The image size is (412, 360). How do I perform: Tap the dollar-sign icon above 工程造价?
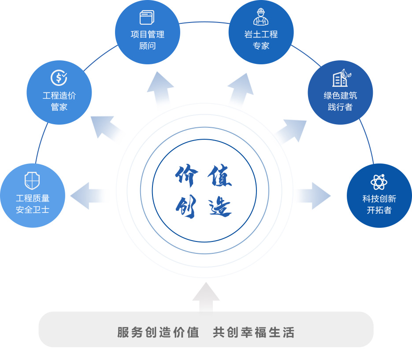tap(59, 78)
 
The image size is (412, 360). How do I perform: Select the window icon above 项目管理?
tap(147, 18)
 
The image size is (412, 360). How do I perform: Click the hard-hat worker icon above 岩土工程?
tap(261, 17)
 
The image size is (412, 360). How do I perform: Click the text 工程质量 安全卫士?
tap(33, 204)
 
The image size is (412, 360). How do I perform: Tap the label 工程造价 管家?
tap(59, 101)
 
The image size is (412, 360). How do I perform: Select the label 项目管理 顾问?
tap(147, 40)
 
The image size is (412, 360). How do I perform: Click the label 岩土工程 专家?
tap(261, 40)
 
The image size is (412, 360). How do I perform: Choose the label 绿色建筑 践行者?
tap(340, 101)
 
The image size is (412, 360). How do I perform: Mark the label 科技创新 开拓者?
tap(379, 204)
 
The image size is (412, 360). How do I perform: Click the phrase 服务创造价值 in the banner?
tap(158, 332)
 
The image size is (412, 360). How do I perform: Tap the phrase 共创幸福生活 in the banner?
tap(253, 332)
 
